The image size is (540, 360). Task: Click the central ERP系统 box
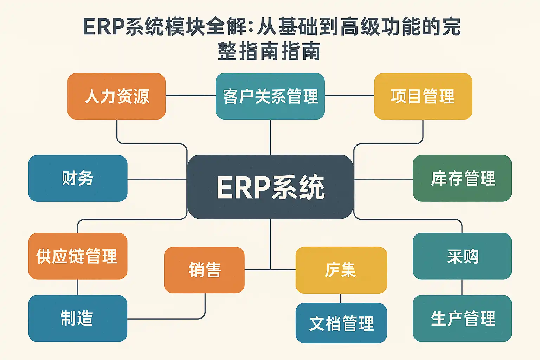[270, 187]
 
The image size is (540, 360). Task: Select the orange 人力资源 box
[116, 96]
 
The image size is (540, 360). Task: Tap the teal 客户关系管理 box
[270, 96]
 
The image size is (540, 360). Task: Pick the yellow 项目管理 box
[423, 96]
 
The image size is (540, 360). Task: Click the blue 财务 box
[78, 178]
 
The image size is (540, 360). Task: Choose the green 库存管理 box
[462, 178]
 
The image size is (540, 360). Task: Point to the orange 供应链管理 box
[78, 256]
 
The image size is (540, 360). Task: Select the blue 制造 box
[78, 318]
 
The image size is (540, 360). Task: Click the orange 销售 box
[204, 270]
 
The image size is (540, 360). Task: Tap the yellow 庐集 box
[341, 270]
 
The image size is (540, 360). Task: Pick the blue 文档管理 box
[341, 323]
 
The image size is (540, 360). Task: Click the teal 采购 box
[462, 256]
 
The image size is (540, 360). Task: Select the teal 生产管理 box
[462, 318]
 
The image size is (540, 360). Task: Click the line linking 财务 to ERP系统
[157, 179]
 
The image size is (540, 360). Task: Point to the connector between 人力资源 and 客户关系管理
[190, 96]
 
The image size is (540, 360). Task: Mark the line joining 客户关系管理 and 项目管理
[349, 96]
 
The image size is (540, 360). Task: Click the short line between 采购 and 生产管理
[462, 287]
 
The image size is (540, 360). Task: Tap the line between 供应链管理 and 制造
[77, 287]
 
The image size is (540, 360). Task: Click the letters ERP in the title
[104, 27]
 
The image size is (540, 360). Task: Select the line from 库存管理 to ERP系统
[383, 179]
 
